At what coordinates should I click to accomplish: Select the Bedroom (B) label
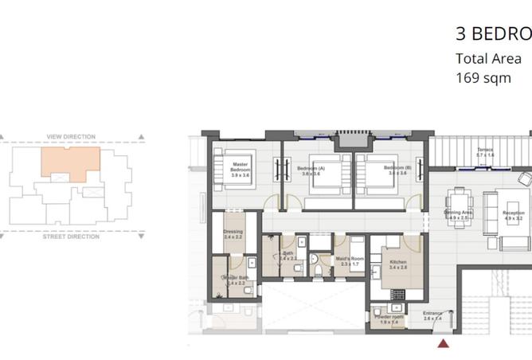[x=396, y=170]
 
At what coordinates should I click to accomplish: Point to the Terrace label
[x=485, y=152]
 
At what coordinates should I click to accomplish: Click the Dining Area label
[x=457, y=215]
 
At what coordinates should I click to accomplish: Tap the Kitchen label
[x=397, y=264]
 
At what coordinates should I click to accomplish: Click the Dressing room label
[x=233, y=235]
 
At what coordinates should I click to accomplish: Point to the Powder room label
[x=389, y=318]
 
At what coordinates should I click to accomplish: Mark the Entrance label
[x=432, y=315]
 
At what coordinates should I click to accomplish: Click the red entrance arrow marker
[x=444, y=342]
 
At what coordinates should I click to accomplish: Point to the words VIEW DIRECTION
[x=71, y=137]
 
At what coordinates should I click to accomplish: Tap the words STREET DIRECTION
[x=71, y=237]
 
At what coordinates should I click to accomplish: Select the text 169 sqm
[x=483, y=78]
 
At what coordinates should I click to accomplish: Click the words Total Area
[x=488, y=58]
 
